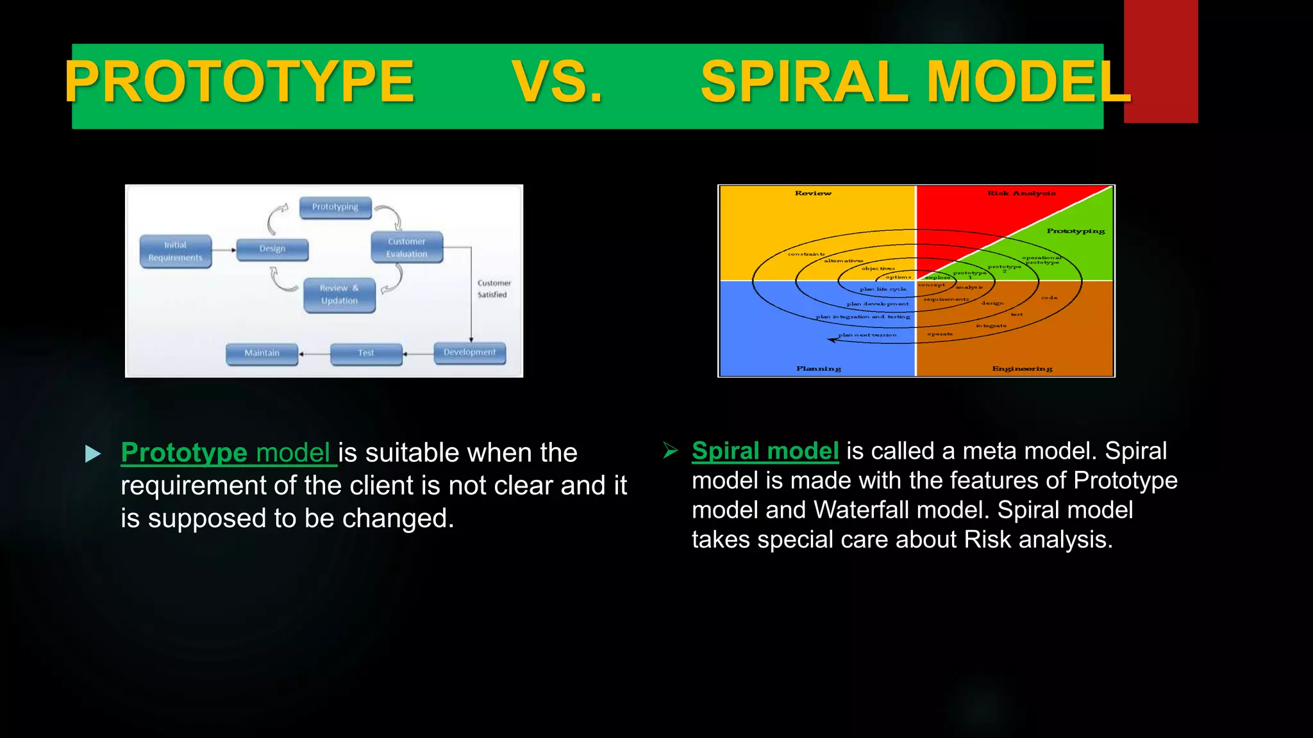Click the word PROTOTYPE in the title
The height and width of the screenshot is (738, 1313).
coord(240,82)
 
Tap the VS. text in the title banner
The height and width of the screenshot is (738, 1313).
coord(557,82)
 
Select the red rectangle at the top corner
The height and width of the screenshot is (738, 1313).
coord(1160,61)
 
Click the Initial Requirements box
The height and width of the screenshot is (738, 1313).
coord(176,251)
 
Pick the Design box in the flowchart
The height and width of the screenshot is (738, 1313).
coord(272,249)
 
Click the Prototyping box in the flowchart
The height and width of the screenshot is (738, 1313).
coord(335,207)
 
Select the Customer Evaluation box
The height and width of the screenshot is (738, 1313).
coord(407,247)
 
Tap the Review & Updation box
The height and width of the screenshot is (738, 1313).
coord(339,295)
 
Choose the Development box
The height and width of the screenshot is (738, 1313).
coord(469,352)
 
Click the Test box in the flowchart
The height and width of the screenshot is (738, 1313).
coord(366,353)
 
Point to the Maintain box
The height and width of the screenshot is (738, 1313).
coord(262,353)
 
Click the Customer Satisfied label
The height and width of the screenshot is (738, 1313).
coord(494,289)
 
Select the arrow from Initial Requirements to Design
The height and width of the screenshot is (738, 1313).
coord(224,250)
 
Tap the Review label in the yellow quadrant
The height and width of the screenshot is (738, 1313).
coord(813,193)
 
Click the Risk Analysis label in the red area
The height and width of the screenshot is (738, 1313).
coord(1021,193)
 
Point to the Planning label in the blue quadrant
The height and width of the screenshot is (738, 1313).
coord(819,368)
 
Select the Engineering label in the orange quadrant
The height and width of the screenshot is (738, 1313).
coord(1022,368)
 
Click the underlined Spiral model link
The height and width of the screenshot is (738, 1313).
coord(765,451)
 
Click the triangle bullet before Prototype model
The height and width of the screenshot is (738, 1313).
coord(93,454)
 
